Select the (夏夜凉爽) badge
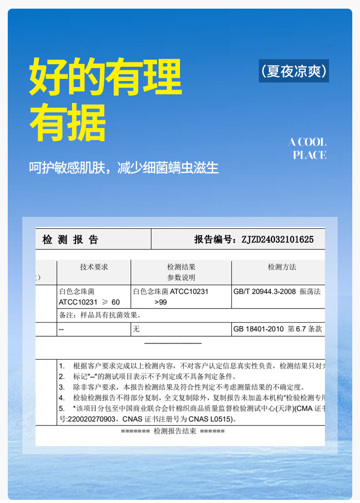click(294, 71)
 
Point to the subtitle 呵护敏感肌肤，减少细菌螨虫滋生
click(124, 168)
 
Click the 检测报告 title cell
click(71, 240)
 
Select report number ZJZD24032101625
click(278, 240)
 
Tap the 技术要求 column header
click(94, 267)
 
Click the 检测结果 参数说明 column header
click(181, 272)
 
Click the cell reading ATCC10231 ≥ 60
click(89, 302)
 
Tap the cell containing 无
click(136, 329)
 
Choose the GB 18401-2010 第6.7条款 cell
click(278, 329)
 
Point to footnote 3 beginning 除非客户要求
click(182, 387)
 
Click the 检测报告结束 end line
click(173, 431)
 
